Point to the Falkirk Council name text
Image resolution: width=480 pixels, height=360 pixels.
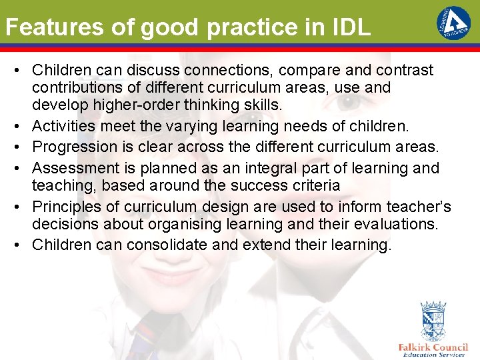(433, 347)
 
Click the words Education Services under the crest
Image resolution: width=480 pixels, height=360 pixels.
(433, 355)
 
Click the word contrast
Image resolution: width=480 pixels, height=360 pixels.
(407, 70)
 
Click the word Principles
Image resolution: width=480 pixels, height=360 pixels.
(64, 207)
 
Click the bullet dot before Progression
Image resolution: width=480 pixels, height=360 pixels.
(21, 147)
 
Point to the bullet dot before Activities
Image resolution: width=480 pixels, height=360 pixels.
(21, 126)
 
